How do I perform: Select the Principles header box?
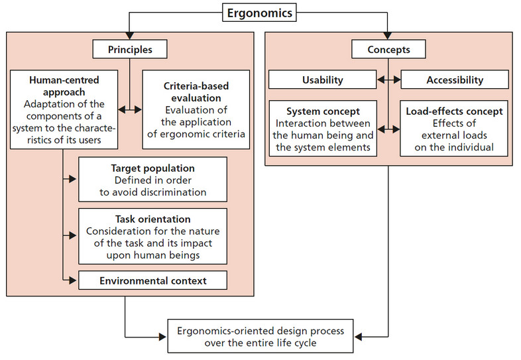coord(129,49)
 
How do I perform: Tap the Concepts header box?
coord(388,49)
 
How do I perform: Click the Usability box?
coord(323,80)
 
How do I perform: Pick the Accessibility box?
coord(454,80)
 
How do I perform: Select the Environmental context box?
coord(152,280)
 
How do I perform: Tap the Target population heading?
coord(152,168)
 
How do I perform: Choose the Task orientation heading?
coord(152,219)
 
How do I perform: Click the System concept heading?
coord(323,111)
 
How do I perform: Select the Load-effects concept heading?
coord(454,111)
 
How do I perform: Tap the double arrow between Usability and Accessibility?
coord(389,80)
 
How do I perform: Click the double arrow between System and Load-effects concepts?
coord(389,128)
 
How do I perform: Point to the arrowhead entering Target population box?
coord(74,179)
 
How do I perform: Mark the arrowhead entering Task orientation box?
coord(74,234)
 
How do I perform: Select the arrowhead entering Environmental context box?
coord(74,280)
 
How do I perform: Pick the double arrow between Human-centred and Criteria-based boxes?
coord(130,110)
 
